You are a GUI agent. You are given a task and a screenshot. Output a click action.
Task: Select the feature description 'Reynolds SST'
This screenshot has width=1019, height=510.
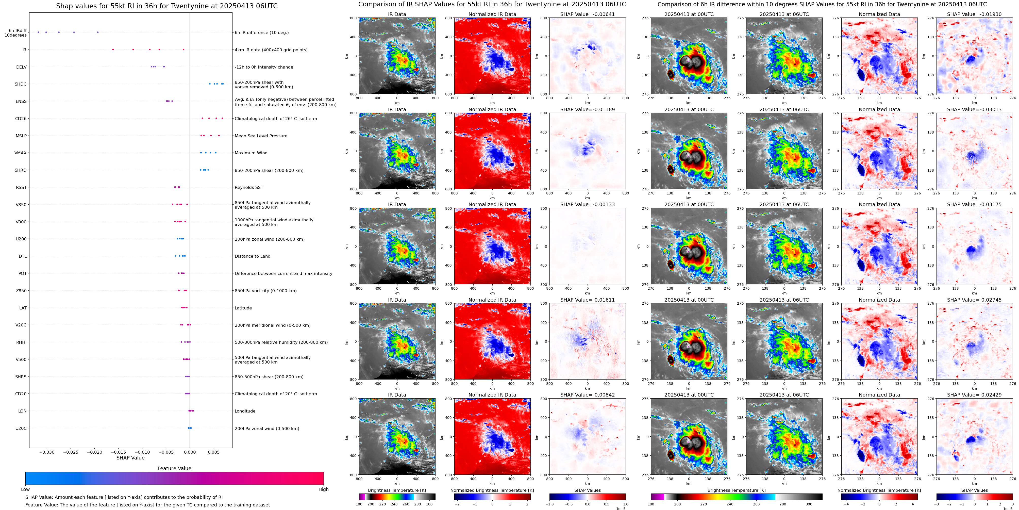tap(248, 188)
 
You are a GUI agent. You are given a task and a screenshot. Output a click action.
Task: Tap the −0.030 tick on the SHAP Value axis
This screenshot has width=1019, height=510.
tap(47, 452)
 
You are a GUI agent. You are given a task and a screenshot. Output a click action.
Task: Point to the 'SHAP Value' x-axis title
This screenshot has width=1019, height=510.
tap(130, 458)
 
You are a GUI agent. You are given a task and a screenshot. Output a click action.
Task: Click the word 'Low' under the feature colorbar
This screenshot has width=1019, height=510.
tap(25, 489)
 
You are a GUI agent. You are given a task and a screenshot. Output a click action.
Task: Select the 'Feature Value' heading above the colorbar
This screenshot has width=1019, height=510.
tap(174, 468)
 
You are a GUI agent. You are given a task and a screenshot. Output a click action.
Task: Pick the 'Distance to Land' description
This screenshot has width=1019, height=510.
tap(252, 256)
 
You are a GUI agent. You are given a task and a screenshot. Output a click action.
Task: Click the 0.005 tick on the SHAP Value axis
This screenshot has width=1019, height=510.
tap(214, 452)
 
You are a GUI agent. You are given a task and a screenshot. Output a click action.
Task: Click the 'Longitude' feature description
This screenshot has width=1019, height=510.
tap(245, 411)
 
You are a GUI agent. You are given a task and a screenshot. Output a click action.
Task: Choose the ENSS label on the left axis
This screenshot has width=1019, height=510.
tap(21, 101)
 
